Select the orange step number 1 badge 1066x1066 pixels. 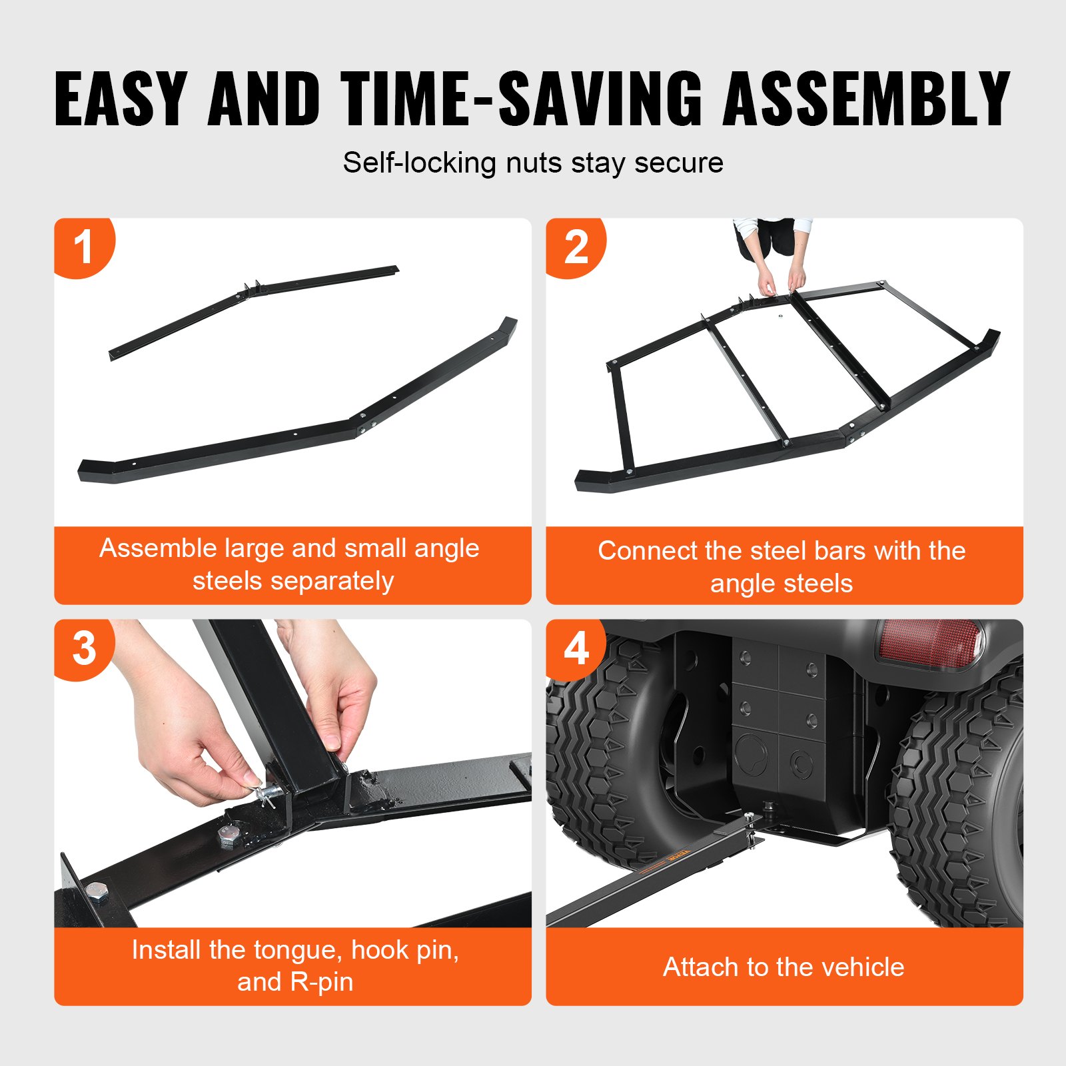84,247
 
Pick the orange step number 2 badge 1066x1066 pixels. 576,247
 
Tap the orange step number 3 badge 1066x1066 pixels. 84,648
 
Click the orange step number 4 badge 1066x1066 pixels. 576,648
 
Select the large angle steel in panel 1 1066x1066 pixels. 300,433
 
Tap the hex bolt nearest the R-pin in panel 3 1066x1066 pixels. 229,835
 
